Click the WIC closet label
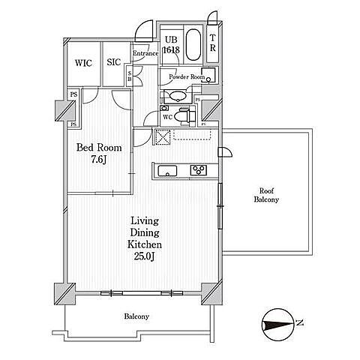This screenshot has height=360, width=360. coord(83,63)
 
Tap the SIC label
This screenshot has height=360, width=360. coord(114,62)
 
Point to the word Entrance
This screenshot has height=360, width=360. coord(145,53)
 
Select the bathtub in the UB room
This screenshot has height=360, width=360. coord(193,45)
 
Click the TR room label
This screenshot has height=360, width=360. coord(212,43)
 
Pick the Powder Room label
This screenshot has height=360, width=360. coord(187,76)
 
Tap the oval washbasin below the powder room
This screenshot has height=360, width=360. coord(178,96)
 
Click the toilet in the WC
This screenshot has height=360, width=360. coord(184,116)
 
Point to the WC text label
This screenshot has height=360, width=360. coord(168,117)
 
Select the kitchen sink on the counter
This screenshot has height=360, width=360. coord(168,171)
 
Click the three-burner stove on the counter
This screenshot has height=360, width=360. coord(199,170)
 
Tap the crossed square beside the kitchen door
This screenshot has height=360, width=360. coord(163,137)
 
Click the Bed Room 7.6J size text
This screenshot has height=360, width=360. coord(99,159)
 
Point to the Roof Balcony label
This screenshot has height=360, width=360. coord(266,195)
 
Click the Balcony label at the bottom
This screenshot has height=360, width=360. coord(136,316)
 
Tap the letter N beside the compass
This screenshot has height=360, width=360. coord(299,322)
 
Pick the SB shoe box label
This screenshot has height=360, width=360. coord(130,76)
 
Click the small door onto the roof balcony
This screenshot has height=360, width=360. coord(225,152)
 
